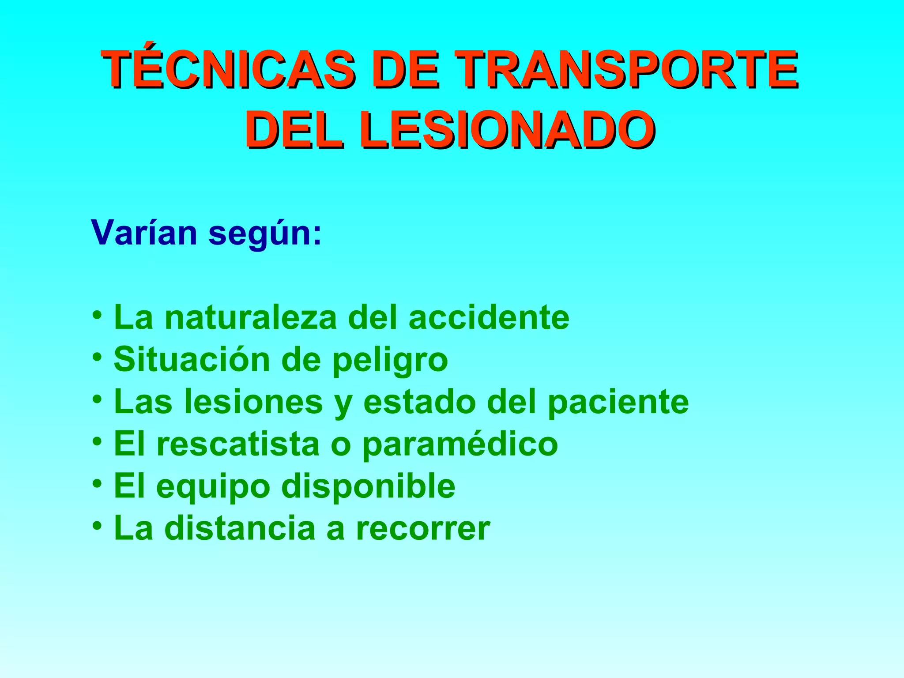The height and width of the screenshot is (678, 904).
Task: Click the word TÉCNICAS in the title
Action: (x=228, y=69)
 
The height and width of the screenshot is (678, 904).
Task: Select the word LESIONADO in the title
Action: (x=507, y=130)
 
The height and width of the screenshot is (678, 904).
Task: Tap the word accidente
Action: (x=489, y=317)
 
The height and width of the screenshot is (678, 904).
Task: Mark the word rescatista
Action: (x=238, y=444)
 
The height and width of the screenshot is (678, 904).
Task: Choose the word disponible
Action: (x=368, y=486)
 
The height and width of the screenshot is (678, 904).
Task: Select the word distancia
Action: (x=240, y=528)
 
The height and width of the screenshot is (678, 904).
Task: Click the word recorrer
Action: (x=423, y=529)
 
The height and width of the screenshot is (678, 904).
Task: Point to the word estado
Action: (x=419, y=402)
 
